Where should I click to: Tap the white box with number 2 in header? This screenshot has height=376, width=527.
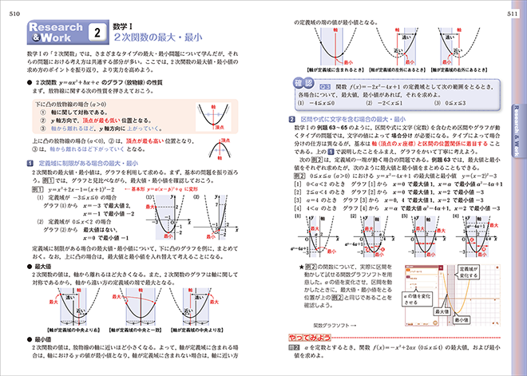(x=97, y=33)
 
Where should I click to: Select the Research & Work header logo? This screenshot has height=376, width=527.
(x=53, y=33)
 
